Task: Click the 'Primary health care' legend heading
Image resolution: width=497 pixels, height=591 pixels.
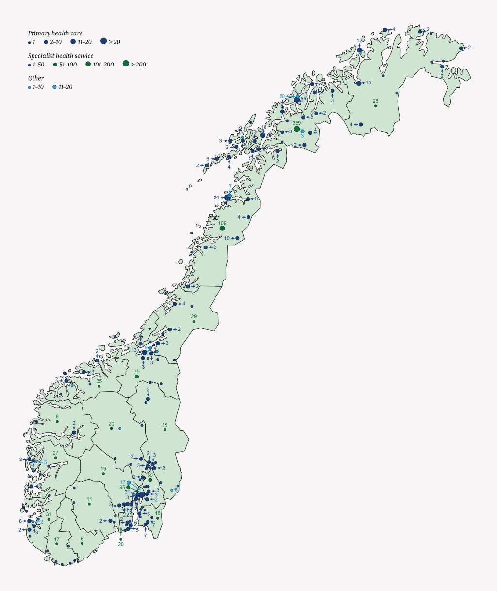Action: click(55, 33)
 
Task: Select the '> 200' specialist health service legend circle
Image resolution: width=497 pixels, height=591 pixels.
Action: click(126, 64)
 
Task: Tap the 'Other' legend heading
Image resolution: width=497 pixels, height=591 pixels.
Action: click(36, 78)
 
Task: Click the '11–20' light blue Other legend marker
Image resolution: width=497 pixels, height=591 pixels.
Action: click(54, 87)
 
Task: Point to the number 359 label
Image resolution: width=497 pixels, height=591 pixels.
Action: click(296, 123)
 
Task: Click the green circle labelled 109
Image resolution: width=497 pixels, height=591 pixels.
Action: click(222, 228)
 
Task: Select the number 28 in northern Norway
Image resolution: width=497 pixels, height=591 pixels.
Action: click(375, 101)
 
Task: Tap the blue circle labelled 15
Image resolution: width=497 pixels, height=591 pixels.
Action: click(359, 83)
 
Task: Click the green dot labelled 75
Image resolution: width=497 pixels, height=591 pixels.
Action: click(137, 377)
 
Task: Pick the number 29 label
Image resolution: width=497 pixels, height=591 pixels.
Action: click(194, 316)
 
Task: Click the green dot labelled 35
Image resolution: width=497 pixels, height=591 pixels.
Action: click(99, 386)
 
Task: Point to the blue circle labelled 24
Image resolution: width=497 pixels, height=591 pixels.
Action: click(227, 197)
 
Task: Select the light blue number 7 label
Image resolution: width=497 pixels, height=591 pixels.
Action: click(230, 186)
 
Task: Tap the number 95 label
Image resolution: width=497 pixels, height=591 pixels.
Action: click(122, 487)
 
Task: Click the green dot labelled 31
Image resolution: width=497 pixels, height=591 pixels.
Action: click(49, 520)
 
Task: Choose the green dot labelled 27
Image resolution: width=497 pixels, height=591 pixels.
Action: click(56, 458)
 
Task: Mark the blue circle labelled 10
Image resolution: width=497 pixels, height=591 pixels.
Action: click(237, 238)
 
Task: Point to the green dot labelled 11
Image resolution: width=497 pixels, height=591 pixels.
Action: click(89, 505)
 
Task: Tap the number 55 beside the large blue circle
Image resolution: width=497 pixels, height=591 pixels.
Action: click(304, 98)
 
